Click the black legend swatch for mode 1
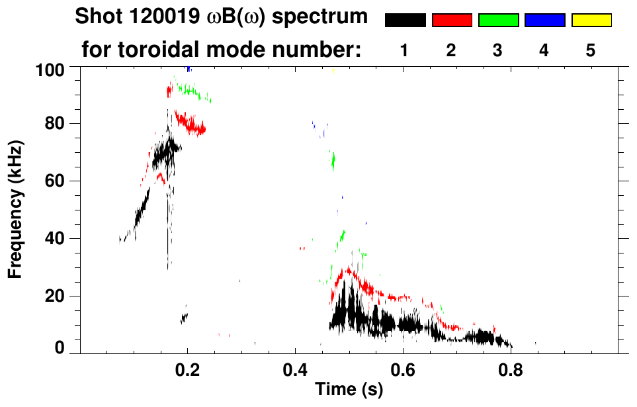405,21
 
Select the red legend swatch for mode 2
452,21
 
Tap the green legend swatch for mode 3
498,21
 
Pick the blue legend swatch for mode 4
544,21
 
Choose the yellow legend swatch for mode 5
591,21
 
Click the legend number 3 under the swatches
497,50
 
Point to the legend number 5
590,50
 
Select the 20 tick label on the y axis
56,296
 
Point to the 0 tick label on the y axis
60,348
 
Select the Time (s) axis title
349,390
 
